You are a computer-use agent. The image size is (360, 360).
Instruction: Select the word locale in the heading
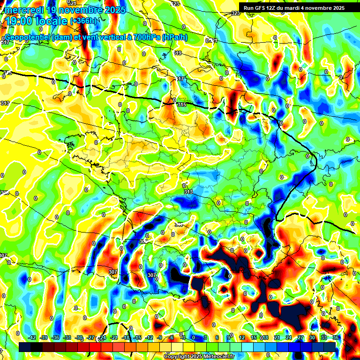click(55, 21)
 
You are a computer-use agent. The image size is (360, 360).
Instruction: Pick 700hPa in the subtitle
click(144, 37)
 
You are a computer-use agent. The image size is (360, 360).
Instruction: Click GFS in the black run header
click(262, 8)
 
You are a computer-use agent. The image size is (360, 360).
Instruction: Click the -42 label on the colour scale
click(32, 337)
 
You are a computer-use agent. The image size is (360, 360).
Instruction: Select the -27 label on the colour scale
click(90, 337)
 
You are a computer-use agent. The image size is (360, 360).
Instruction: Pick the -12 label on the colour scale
click(149, 337)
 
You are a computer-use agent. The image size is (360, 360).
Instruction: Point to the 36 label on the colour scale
click(336, 337)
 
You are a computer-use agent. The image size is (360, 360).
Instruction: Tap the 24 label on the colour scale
click(288, 337)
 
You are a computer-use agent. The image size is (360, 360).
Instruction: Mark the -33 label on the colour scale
click(67, 337)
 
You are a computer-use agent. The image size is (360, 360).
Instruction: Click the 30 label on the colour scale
click(312, 337)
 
